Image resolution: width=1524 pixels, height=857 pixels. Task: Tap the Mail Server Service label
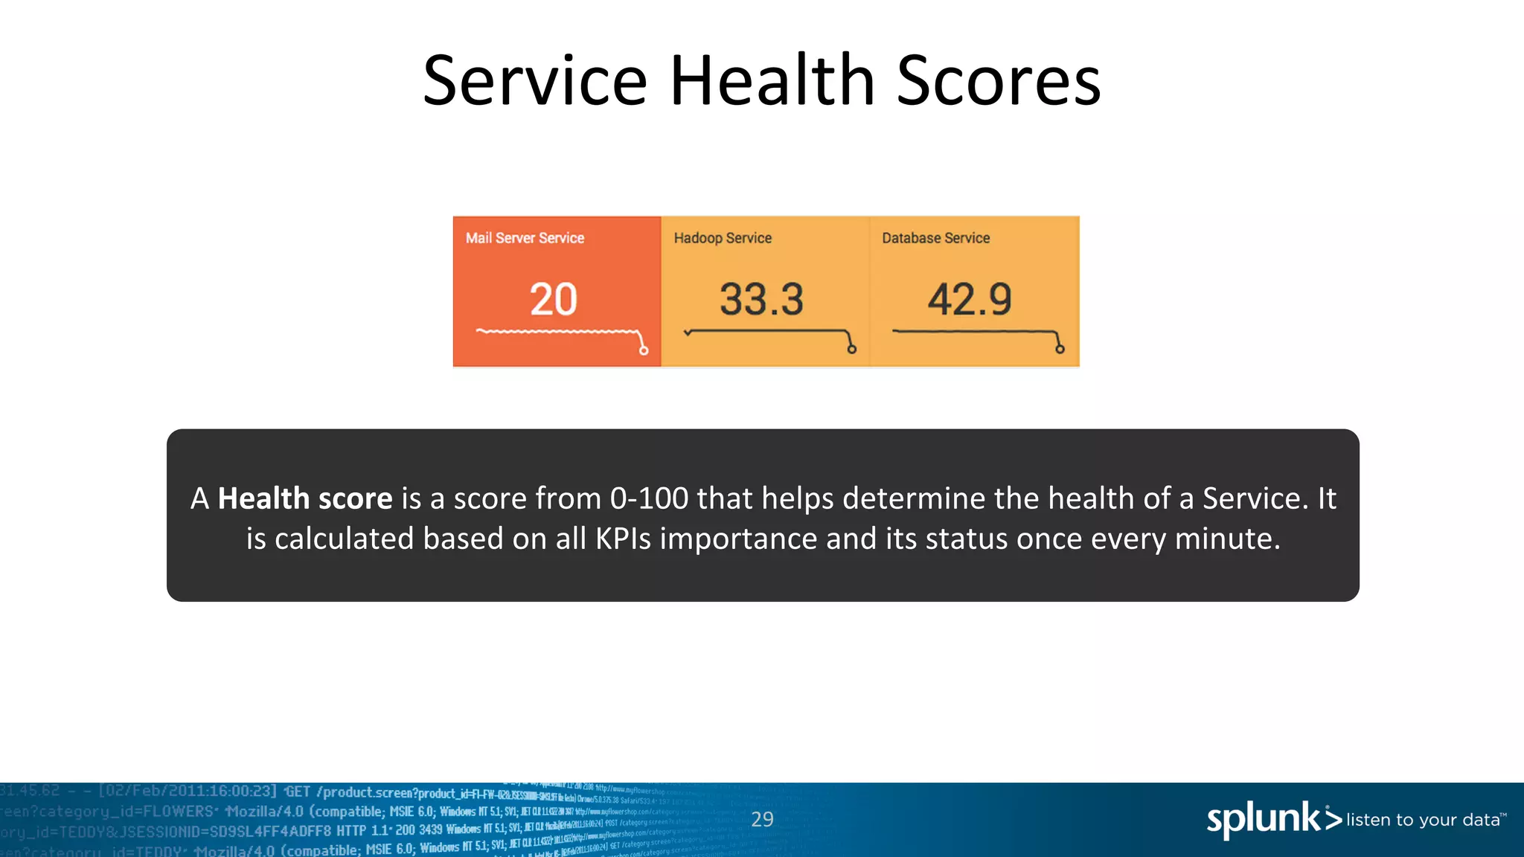[x=525, y=238]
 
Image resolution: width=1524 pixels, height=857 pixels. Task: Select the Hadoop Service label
[x=723, y=238]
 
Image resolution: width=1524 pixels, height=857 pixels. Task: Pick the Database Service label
[x=935, y=238]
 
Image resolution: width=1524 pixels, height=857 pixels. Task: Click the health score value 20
[x=553, y=299]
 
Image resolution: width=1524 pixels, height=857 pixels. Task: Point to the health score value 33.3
[x=761, y=299]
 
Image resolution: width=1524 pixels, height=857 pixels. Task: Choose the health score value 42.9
[x=969, y=299]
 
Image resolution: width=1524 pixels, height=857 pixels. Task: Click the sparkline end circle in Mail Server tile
[x=644, y=350]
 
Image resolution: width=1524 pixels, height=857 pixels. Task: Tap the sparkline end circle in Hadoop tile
[x=852, y=349]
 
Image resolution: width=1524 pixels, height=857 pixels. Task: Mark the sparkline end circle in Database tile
[x=1060, y=349]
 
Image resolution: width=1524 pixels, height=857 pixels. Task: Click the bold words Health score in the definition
[x=304, y=498]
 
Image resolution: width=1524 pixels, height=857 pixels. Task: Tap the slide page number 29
[x=762, y=819]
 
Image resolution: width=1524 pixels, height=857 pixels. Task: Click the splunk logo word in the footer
[x=1264, y=820]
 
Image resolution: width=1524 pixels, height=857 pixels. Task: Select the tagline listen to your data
[x=1423, y=820]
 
